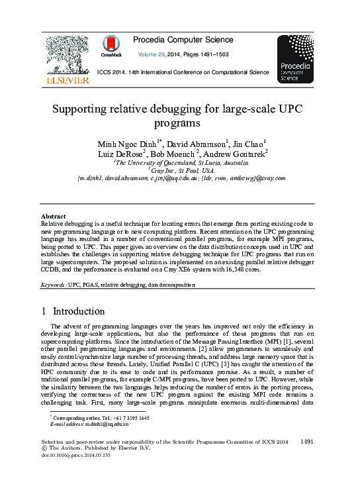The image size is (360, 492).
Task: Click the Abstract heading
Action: pyautogui.click(x=53, y=216)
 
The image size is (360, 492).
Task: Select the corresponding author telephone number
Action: pyautogui.click(x=128, y=418)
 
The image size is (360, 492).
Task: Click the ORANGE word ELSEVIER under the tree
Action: pyautogui.click(x=66, y=80)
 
